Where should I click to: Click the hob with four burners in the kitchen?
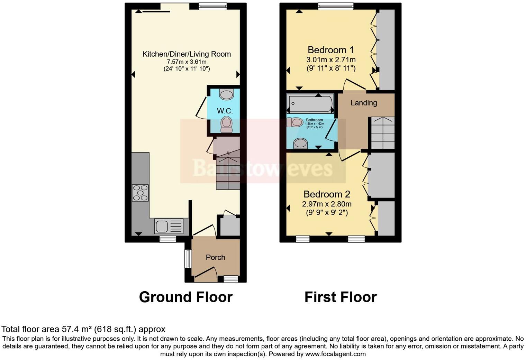click(x=140, y=193)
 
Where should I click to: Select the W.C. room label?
click(x=225, y=111)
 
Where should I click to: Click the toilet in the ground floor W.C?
click(x=227, y=124)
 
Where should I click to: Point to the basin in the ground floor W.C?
click(x=227, y=94)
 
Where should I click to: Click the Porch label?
click(x=215, y=257)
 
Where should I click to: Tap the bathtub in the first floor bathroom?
click(x=310, y=103)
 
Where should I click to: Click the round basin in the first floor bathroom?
click(x=300, y=143)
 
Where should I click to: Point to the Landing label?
click(x=364, y=103)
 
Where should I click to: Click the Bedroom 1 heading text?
click(x=330, y=50)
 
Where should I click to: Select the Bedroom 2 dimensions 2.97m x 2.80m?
click(x=327, y=204)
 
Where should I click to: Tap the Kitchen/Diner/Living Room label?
click(x=187, y=54)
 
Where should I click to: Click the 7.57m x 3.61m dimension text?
click(x=187, y=62)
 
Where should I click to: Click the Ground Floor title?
click(x=185, y=297)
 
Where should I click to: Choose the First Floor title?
click(x=340, y=297)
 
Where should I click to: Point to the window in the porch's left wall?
click(x=188, y=258)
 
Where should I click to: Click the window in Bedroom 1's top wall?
click(x=336, y=6)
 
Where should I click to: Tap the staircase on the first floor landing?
click(x=382, y=133)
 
